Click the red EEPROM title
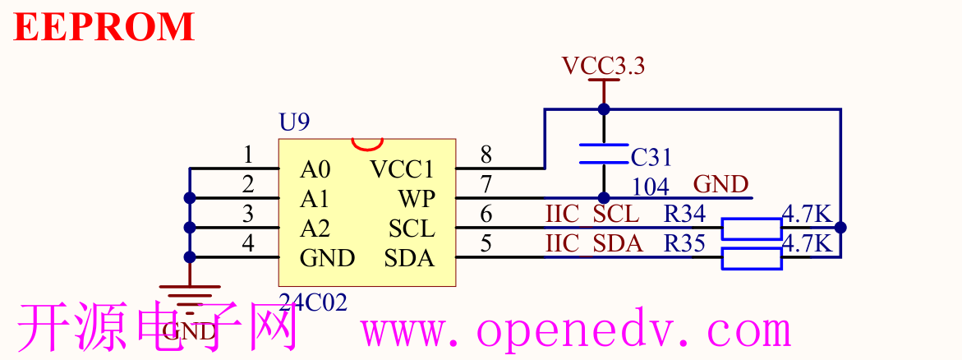point(104,26)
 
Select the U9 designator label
point(294,123)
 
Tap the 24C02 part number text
point(313,302)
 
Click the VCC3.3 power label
point(603,66)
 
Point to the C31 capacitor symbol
point(604,154)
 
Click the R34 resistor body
point(751,228)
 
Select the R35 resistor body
point(751,258)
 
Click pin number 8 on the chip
point(486,154)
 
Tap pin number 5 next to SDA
point(486,242)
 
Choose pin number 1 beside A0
point(249,154)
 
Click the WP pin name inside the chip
point(417,199)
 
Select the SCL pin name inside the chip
point(411,228)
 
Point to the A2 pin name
point(315,228)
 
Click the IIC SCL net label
point(591,214)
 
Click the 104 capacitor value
point(650,187)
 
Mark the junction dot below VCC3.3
point(604,108)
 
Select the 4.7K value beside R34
point(808,214)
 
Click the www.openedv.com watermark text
point(576,331)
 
